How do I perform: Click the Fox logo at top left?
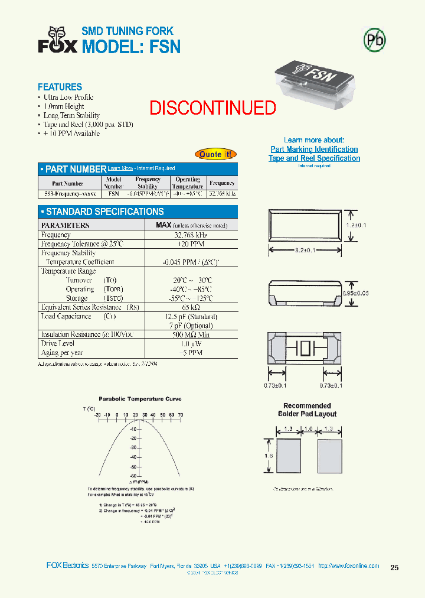[x=57, y=40]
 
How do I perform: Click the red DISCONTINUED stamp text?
[x=212, y=108]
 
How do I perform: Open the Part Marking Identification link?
[x=314, y=149]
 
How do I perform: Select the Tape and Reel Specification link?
[x=314, y=158]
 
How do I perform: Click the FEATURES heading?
[x=60, y=87]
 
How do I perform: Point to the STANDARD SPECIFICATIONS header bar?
[x=138, y=212]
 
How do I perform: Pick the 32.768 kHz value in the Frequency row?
[x=191, y=235]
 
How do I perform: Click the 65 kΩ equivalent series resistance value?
[x=191, y=307]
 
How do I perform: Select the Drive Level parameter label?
[x=58, y=343]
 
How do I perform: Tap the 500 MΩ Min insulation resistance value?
[x=191, y=334]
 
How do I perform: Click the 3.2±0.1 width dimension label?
[x=305, y=251]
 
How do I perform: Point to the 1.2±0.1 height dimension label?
[x=356, y=225]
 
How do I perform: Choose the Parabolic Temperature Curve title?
[x=140, y=399]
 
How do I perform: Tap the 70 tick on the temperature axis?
[x=180, y=415]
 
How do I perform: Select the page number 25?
[x=394, y=568]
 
